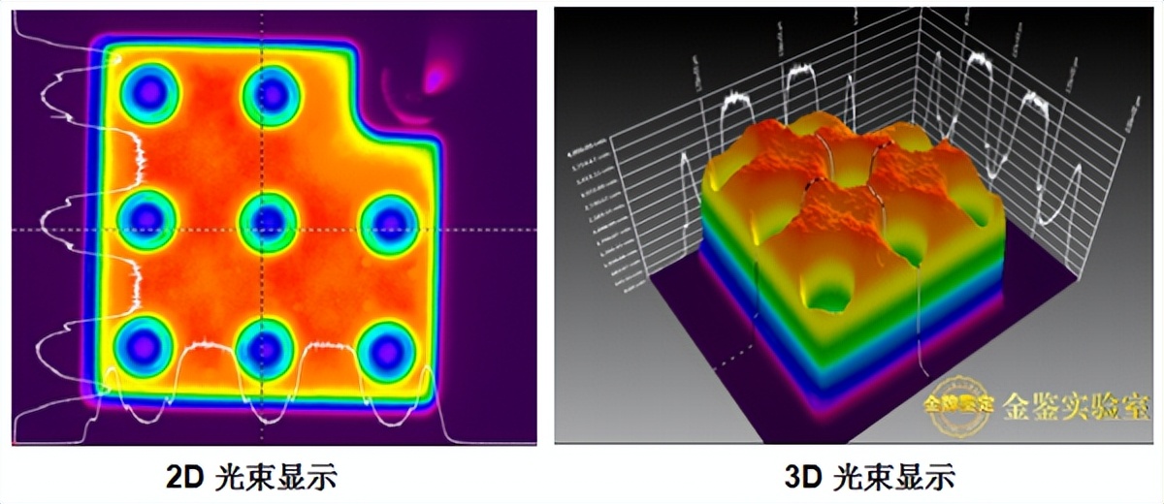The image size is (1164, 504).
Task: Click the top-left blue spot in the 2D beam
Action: [x=148, y=93]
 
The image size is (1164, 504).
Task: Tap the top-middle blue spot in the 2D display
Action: [x=272, y=95]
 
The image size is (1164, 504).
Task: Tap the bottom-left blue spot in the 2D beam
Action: [x=144, y=345]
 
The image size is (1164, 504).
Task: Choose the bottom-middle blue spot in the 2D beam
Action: [x=265, y=347]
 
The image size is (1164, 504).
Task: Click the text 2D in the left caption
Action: [x=184, y=476]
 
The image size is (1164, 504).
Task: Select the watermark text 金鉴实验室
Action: [x=1065, y=404]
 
